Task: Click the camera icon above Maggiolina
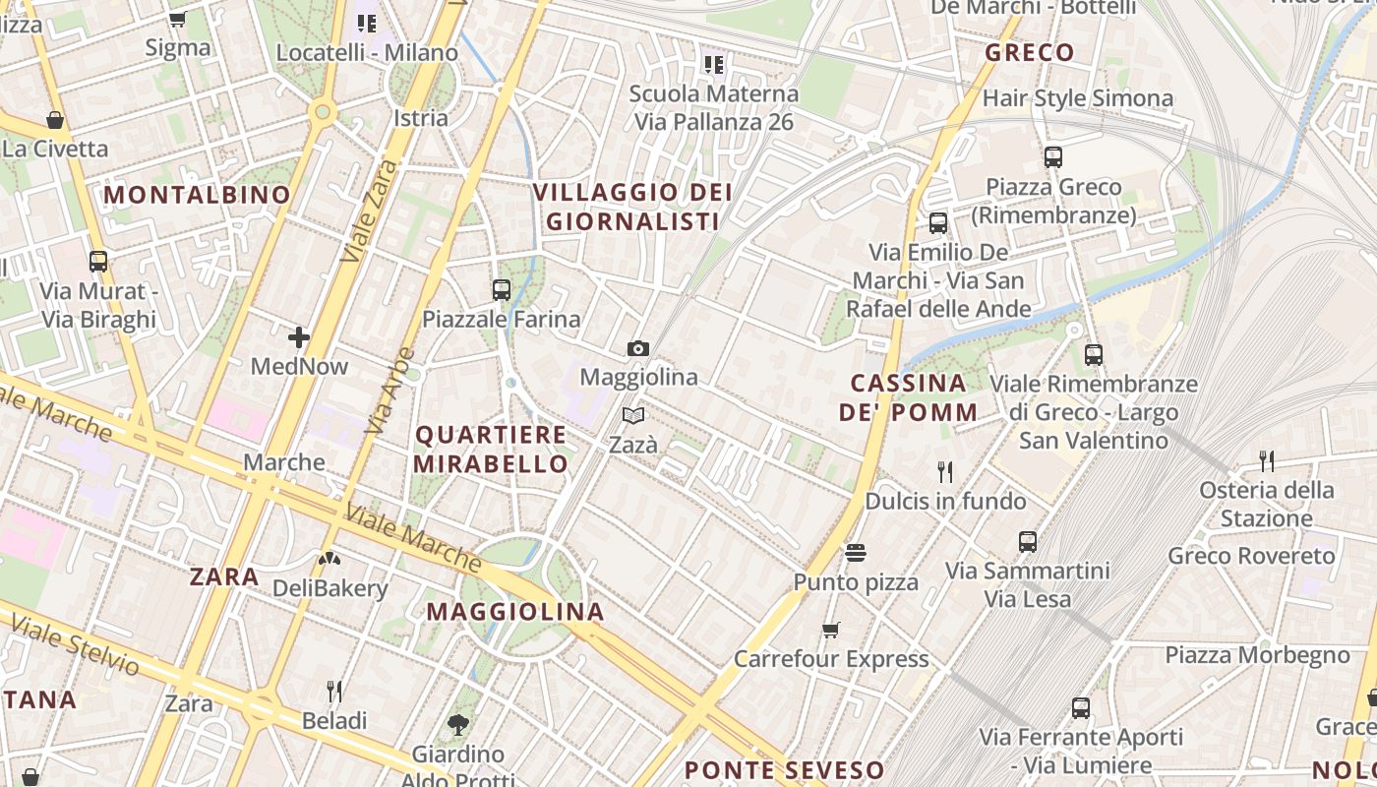[638, 348]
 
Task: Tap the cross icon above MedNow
[299, 337]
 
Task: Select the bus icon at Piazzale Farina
[502, 290]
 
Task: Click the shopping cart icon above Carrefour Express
[831, 630]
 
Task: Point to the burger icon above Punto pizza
[856, 553]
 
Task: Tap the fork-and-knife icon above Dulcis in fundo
[945, 472]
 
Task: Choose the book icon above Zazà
[633, 416]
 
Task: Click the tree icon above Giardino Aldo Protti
[457, 725]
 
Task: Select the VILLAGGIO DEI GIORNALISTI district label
[633, 207]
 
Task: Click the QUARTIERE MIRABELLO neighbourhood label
[491, 450]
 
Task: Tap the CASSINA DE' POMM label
[909, 397]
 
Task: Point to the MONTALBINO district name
[197, 195]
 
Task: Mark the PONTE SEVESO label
[784, 769]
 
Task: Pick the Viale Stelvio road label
[74, 644]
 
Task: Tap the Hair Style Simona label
[1078, 98]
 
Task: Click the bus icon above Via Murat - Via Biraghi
[98, 262]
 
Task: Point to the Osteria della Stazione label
[1267, 504]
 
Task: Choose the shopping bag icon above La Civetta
[55, 120]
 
